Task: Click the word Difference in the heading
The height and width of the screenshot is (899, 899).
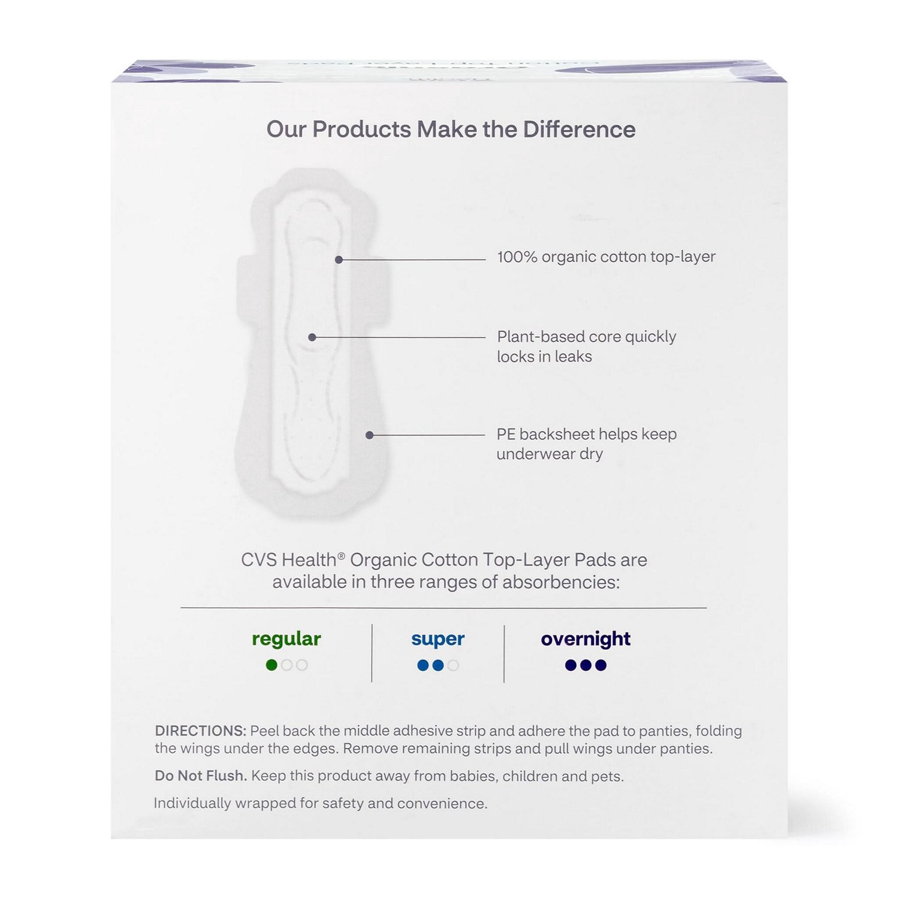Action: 579,129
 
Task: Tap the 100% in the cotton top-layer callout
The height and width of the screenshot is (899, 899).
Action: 517,257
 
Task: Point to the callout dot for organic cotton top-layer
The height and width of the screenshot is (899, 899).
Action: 339,260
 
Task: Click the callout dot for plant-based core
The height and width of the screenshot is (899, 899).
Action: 312,337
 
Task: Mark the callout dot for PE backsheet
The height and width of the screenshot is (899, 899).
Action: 369,435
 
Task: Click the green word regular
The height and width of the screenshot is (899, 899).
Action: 286,639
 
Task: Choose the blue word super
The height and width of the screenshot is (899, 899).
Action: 438,639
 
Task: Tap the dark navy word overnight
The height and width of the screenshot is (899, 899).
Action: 586,639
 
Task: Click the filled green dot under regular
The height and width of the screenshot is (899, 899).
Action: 271,665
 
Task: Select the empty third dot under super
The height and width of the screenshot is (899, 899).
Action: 453,665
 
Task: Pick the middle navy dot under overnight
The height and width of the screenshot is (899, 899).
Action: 586,665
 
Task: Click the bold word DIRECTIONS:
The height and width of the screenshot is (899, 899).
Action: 200,731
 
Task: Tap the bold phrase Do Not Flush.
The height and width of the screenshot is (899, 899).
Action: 200,776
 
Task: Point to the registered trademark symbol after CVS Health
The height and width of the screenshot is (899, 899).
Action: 341,556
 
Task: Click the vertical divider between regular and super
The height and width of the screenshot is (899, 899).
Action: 372,653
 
